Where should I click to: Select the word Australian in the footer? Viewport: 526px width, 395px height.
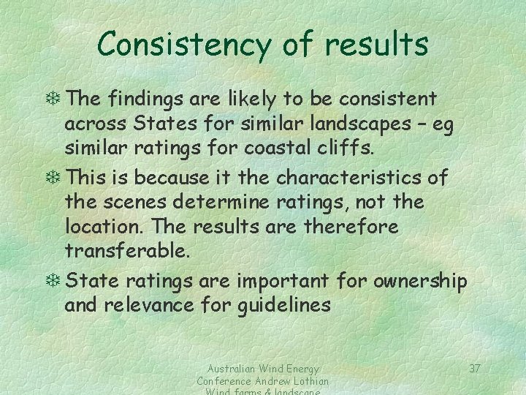[226, 369]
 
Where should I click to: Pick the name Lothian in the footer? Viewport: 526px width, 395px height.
[308, 381]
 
